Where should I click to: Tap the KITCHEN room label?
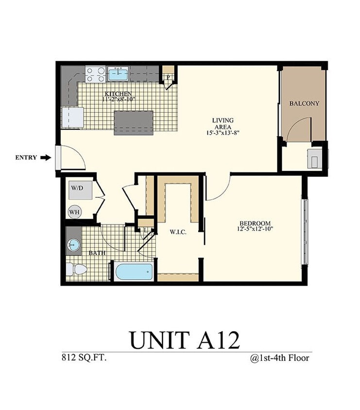[118, 93]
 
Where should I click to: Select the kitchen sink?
[118, 74]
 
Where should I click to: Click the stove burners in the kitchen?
[95, 74]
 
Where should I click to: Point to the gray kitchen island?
[134, 123]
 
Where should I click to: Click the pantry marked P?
[168, 77]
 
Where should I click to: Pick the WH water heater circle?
[74, 212]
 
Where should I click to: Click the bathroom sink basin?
[73, 244]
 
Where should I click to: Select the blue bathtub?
[134, 271]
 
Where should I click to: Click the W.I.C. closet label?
[176, 232]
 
